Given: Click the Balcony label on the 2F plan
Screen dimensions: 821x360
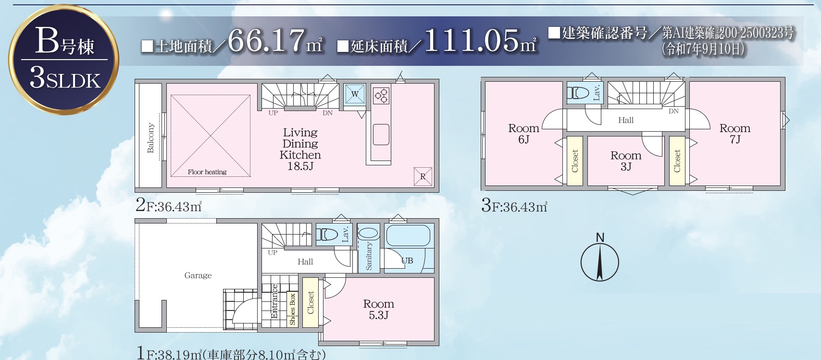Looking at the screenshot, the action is point(150,137).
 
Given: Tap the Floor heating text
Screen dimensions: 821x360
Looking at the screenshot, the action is point(207,172).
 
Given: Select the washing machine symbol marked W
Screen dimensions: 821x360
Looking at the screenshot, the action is point(355,94).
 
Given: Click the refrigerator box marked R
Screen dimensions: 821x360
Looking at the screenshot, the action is point(423,176).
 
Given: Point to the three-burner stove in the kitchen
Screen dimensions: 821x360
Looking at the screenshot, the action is point(381,96).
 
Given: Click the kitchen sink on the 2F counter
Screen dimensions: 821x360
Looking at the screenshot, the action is point(381,135).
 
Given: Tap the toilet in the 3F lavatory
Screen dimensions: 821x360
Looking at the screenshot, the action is point(578,93).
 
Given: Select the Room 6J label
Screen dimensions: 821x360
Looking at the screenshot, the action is point(524,134).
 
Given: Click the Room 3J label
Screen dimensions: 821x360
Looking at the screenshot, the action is point(626,161).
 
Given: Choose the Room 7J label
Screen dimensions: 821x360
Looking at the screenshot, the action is point(735,134).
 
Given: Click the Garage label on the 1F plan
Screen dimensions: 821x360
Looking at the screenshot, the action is point(198,275).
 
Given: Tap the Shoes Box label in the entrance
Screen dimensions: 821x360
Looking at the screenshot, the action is point(292,310).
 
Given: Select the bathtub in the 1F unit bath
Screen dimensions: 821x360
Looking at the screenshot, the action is point(408,236).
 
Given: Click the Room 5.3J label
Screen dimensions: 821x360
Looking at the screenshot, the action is point(379,309).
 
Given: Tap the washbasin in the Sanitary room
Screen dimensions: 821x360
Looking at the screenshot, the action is point(368,233).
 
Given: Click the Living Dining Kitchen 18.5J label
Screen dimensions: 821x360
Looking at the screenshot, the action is point(300,149).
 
